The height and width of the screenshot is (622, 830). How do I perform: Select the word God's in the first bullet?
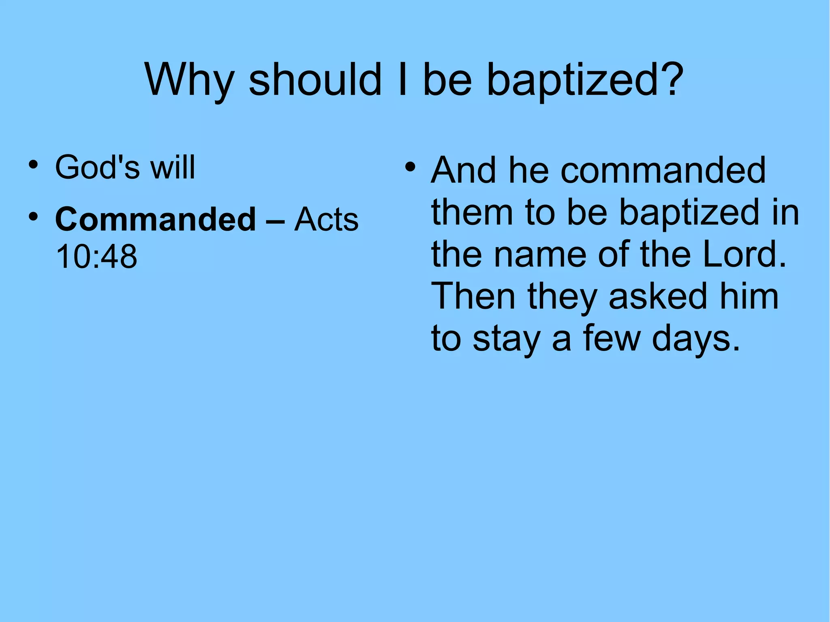pos(97,167)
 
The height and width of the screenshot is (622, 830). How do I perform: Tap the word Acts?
pos(326,219)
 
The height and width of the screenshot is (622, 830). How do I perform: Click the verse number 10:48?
pos(96,256)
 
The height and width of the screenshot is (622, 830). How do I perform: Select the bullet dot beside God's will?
pos(33,165)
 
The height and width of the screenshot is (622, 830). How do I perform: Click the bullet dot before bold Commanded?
pos(33,216)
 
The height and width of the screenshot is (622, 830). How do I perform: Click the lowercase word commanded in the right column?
pos(663,170)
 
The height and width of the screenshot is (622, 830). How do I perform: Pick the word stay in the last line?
pos(506,339)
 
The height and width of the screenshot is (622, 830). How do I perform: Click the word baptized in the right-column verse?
pos(689,212)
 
